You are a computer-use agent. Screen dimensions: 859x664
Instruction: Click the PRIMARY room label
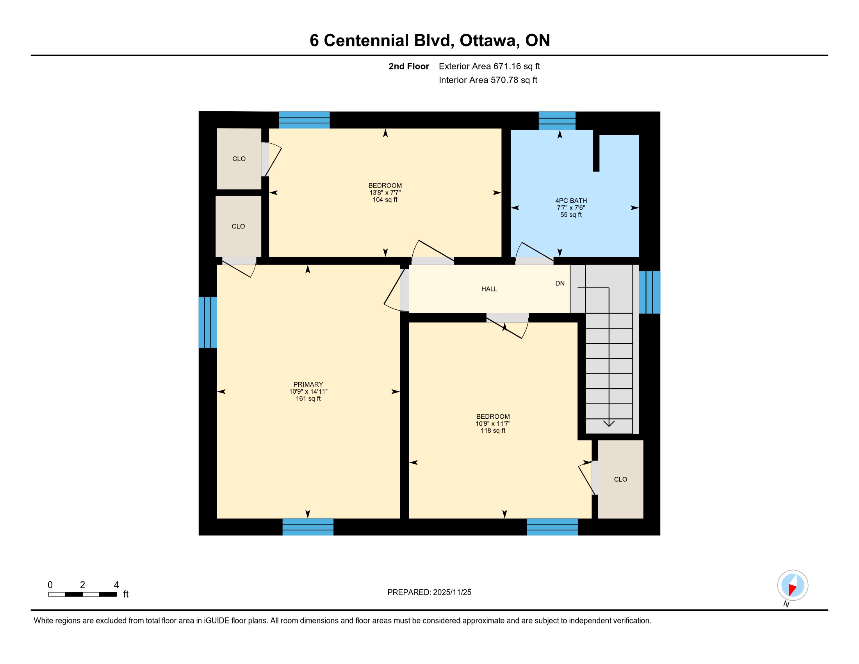pyautogui.click(x=308, y=384)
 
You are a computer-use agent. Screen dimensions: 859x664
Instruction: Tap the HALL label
pyautogui.click(x=489, y=289)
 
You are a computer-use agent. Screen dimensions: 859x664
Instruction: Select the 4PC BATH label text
pyautogui.click(x=571, y=201)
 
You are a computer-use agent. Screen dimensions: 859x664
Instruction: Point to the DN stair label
pyautogui.click(x=560, y=283)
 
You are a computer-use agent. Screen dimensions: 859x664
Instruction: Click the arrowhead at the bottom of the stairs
pyautogui.click(x=609, y=424)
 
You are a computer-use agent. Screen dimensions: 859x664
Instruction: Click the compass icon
pyautogui.click(x=793, y=585)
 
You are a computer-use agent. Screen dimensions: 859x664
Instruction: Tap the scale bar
pyautogui.click(x=83, y=594)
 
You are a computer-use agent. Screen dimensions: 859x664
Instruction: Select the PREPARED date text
pyautogui.click(x=429, y=593)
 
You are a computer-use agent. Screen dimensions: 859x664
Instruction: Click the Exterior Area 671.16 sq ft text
pyautogui.click(x=489, y=66)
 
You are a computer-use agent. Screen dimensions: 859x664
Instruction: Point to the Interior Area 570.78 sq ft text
pyautogui.click(x=488, y=80)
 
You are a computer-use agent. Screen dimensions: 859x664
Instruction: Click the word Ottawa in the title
pyautogui.click(x=488, y=41)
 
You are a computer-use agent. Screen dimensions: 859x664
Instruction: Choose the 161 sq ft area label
pyautogui.click(x=308, y=398)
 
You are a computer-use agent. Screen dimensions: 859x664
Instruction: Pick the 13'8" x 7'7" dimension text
pyautogui.click(x=385, y=193)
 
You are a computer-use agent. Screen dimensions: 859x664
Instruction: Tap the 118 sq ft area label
pyautogui.click(x=493, y=431)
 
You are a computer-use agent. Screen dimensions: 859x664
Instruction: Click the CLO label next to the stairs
pyautogui.click(x=621, y=480)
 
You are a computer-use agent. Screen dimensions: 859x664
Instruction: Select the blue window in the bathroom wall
pyautogui.click(x=557, y=121)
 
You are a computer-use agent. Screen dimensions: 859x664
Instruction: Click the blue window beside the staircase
pyautogui.click(x=649, y=292)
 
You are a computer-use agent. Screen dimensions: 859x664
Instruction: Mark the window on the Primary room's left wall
pyautogui.click(x=208, y=323)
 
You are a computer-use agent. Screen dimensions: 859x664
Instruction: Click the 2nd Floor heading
pyautogui.click(x=409, y=66)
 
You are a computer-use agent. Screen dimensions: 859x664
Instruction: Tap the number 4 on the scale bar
pyautogui.click(x=116, y=585)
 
